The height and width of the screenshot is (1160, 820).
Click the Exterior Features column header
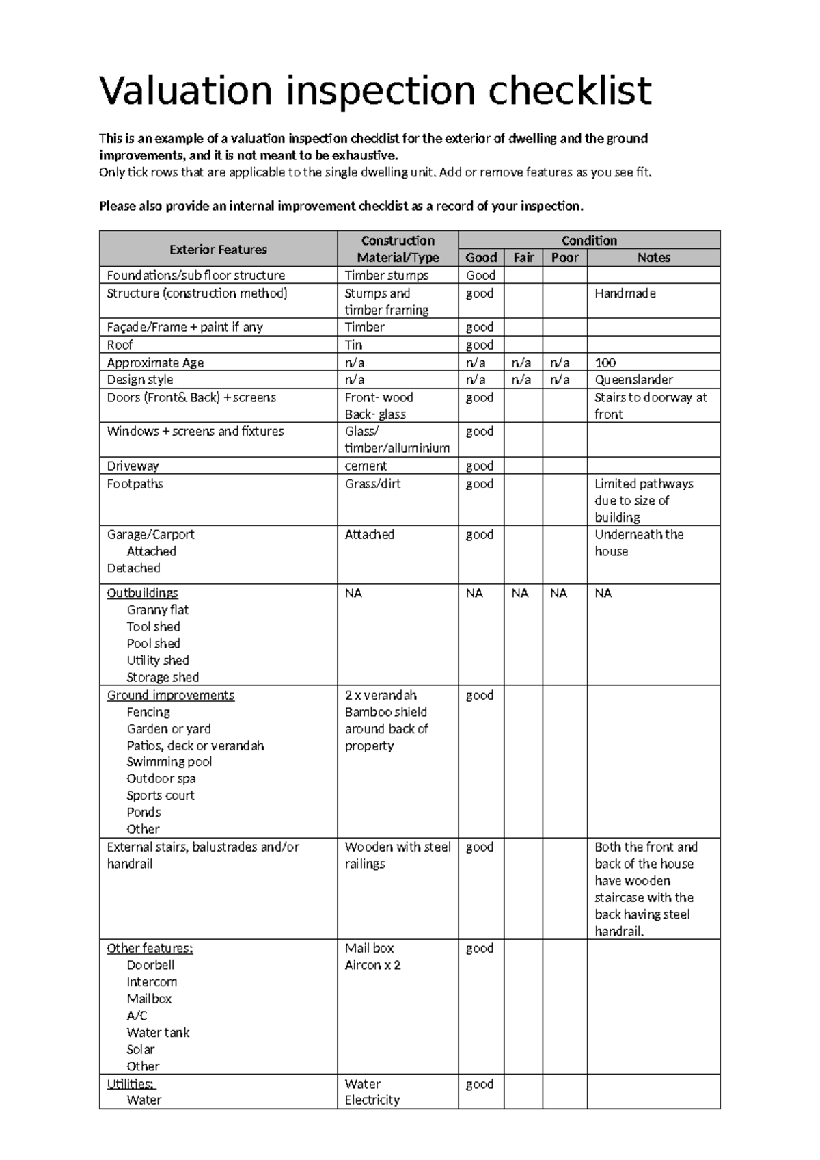coord(218,250)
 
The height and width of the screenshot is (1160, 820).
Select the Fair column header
coord(523,258)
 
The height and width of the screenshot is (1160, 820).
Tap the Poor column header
coord(564,258)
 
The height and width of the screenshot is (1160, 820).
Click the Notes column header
coord(653,258)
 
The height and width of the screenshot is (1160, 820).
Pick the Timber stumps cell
coord(387,276)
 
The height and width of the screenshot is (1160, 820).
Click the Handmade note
coord(625,293)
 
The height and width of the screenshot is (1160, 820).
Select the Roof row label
coord(120,345)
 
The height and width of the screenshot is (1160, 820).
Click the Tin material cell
coord(353,345)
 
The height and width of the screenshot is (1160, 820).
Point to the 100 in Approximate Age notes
coord(605,362)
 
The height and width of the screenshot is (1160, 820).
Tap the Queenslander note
coord(633,380)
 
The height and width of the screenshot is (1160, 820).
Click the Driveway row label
coord(133,466)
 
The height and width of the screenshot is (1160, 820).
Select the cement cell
coord(366,466)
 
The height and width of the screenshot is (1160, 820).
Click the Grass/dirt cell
coord(372,484)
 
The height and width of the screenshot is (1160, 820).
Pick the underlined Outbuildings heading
coord(142,593)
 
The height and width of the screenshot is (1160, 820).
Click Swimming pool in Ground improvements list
coord(169,762)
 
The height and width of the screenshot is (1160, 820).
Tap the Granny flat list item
coord(157,610)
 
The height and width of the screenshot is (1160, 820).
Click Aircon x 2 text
coord(372,965)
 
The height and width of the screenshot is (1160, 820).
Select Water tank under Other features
coord(158,1033)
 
